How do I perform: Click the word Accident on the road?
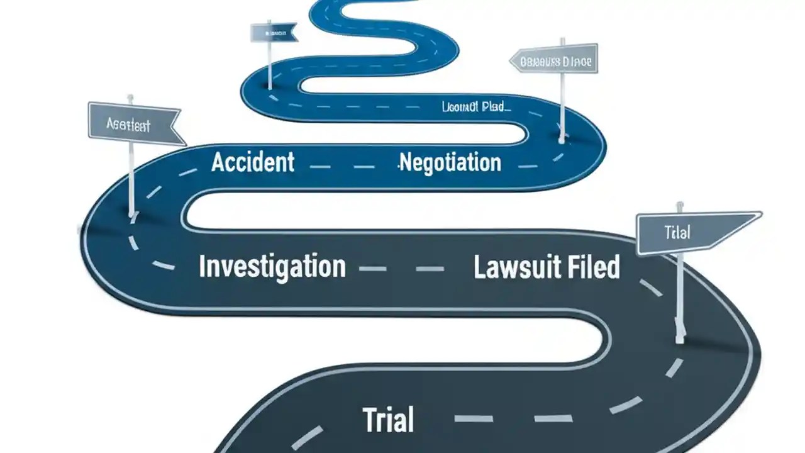point(253,162)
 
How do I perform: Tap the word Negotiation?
point(450,163)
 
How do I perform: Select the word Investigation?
point(272,266)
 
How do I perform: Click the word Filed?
point(594,267)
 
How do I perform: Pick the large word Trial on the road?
point(389,420)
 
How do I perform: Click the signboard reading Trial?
point(692,233)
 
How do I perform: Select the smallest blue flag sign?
point(272,33)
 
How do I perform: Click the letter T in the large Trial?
point(370,420)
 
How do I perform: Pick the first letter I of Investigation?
point(203,266)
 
